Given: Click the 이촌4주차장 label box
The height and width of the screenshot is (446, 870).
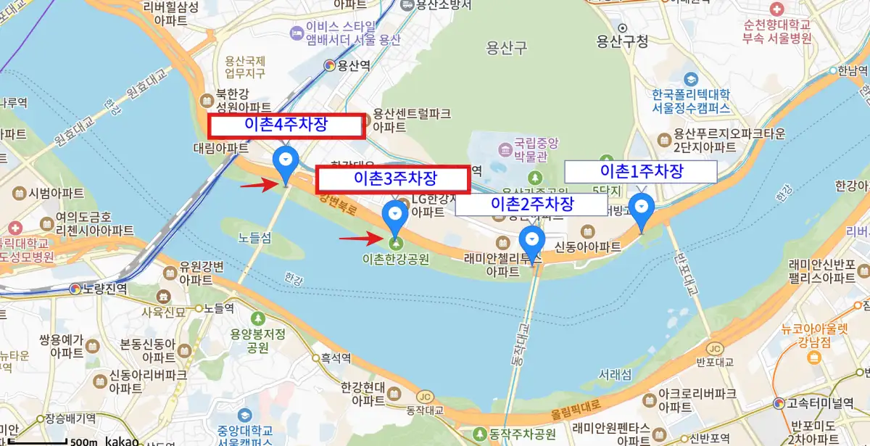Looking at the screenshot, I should (x=286, y=125).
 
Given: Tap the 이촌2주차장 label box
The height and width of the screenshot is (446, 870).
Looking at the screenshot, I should (x=532, y=205).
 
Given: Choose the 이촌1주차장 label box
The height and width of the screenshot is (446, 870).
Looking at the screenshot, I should (x=641, y=171).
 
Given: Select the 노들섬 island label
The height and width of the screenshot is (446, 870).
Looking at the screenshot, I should (x=255, y=237).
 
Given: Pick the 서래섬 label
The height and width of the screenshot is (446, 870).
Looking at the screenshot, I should (x=616, y=375).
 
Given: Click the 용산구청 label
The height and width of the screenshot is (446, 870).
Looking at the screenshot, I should (x=621, y=41).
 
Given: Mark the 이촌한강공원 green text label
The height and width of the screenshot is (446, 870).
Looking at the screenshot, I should (x=395, y=258).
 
